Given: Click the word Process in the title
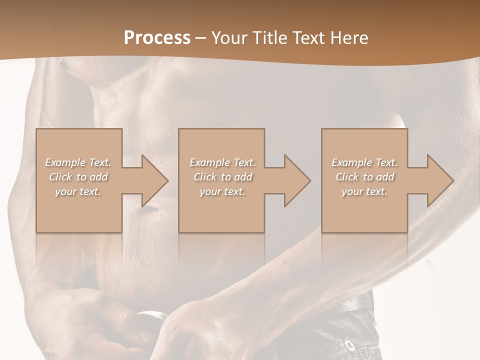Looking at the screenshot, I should click(157, 37).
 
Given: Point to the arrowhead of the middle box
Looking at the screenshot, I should click(296, 180).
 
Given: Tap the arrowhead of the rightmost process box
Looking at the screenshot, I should click(439, 180).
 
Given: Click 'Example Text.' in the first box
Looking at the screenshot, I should click(78, 162).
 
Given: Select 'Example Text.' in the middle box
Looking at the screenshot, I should click(222, 162).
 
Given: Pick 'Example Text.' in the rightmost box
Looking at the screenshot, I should click(364, 162).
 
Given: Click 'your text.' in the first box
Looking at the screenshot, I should click(78, 191).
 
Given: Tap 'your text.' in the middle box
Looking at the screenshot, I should click(222, 191).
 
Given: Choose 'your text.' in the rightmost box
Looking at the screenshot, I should click(364, 191).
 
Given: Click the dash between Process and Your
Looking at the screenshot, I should click(201, 38).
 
